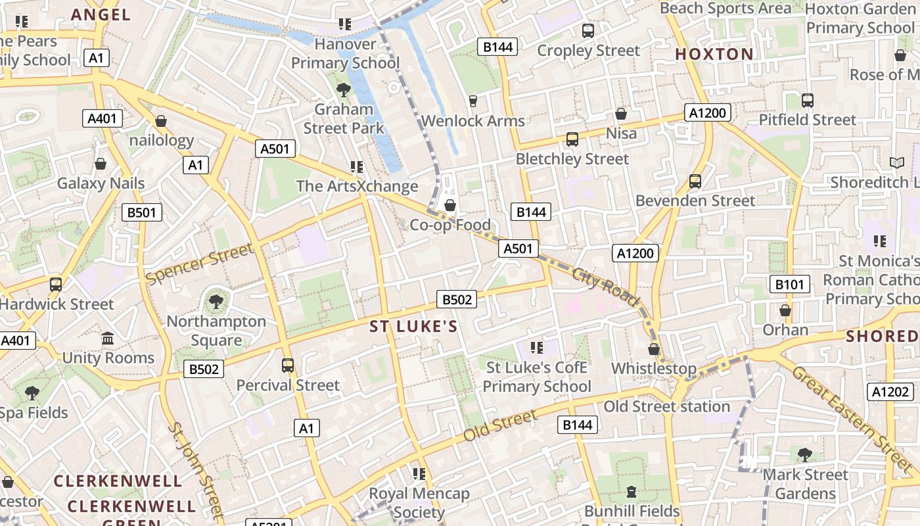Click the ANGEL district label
point(101,14)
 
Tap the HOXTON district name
point(714,54)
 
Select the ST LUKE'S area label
point(413,327)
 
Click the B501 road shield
point(142,212)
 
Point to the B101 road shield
point(789,284)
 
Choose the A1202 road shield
point(890,393)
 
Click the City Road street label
point(605,287)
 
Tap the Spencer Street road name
point(200,264)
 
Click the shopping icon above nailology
point(161,121)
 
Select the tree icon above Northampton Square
point(216,302)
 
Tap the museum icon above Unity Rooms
point(108,339)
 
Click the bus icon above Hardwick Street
point(56,285)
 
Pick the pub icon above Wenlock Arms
point(472,101)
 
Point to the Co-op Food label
point(450,225)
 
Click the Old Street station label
point(667,406)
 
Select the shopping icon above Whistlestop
point(654,349)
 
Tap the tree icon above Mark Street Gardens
point(804,454)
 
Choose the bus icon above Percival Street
point(288,366)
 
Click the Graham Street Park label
point(344,118)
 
